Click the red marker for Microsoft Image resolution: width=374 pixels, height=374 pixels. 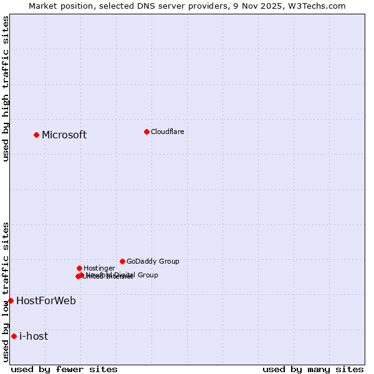coord(36,135)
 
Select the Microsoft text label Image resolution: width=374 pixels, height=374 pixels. coord(64,135)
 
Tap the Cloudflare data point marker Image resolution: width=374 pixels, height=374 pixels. coord(146,132)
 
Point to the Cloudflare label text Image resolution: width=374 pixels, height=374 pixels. coord(167,132)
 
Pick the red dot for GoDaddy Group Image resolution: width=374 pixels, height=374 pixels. coord(122,261)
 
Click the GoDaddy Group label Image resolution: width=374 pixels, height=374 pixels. coord(153,262)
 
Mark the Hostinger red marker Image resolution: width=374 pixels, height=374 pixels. coord(79,268)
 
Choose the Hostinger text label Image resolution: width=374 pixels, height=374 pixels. coord(99,268)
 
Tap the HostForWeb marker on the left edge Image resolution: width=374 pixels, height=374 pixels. coord(11,300)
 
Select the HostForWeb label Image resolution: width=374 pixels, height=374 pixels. coord(46,301)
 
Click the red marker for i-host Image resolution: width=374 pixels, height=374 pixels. coord(14,336)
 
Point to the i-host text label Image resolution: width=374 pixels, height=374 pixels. coord(34,337)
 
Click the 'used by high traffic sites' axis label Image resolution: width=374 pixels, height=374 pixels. coord(6,89)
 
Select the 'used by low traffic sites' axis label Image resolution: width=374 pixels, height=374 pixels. coord(6,292)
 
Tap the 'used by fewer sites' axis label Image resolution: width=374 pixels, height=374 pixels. coord(64,369)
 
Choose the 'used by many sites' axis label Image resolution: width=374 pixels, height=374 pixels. coord(313,369)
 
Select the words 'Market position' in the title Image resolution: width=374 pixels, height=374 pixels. coord(59,6)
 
